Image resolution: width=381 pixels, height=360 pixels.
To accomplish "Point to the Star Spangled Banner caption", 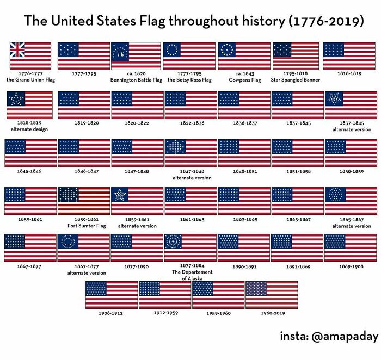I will tap(295, 80).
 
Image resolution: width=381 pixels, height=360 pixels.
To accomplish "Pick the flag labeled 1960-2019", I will tap(272, 295).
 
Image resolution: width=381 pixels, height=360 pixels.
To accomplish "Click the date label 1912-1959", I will tap(165, 313).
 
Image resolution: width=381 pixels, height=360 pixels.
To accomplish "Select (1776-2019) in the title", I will tap(327, 22).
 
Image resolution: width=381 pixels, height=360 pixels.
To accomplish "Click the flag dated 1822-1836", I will tap(190, 105).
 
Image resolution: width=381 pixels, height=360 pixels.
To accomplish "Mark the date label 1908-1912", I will tap(111, 313).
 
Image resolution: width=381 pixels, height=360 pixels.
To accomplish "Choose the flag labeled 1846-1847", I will tap(83, 153).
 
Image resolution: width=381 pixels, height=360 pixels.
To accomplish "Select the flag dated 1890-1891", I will tap(244, 247).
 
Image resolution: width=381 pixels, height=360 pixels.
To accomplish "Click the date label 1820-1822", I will tap(137, 123).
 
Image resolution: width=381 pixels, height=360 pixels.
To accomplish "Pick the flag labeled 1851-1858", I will tap(297, 153).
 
